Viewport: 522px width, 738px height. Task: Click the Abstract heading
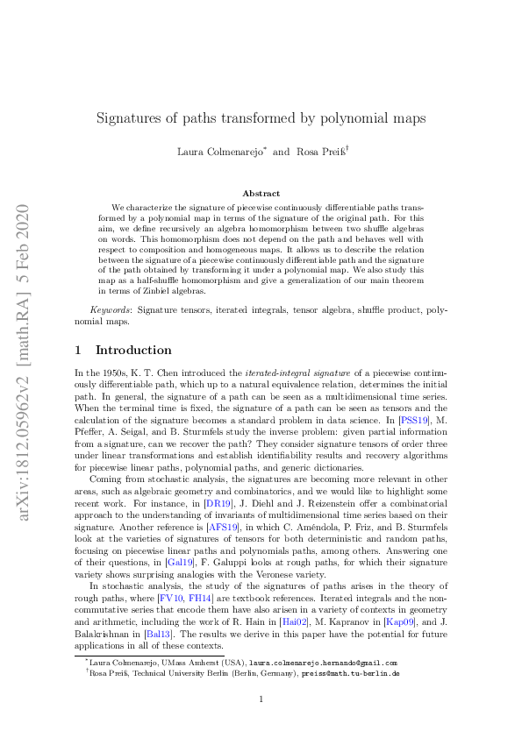[261, 193]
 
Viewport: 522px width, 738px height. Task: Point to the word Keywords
[110, 310]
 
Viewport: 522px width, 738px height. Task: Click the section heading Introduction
[133, 350]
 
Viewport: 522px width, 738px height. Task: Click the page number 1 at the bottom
[261, 699]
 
